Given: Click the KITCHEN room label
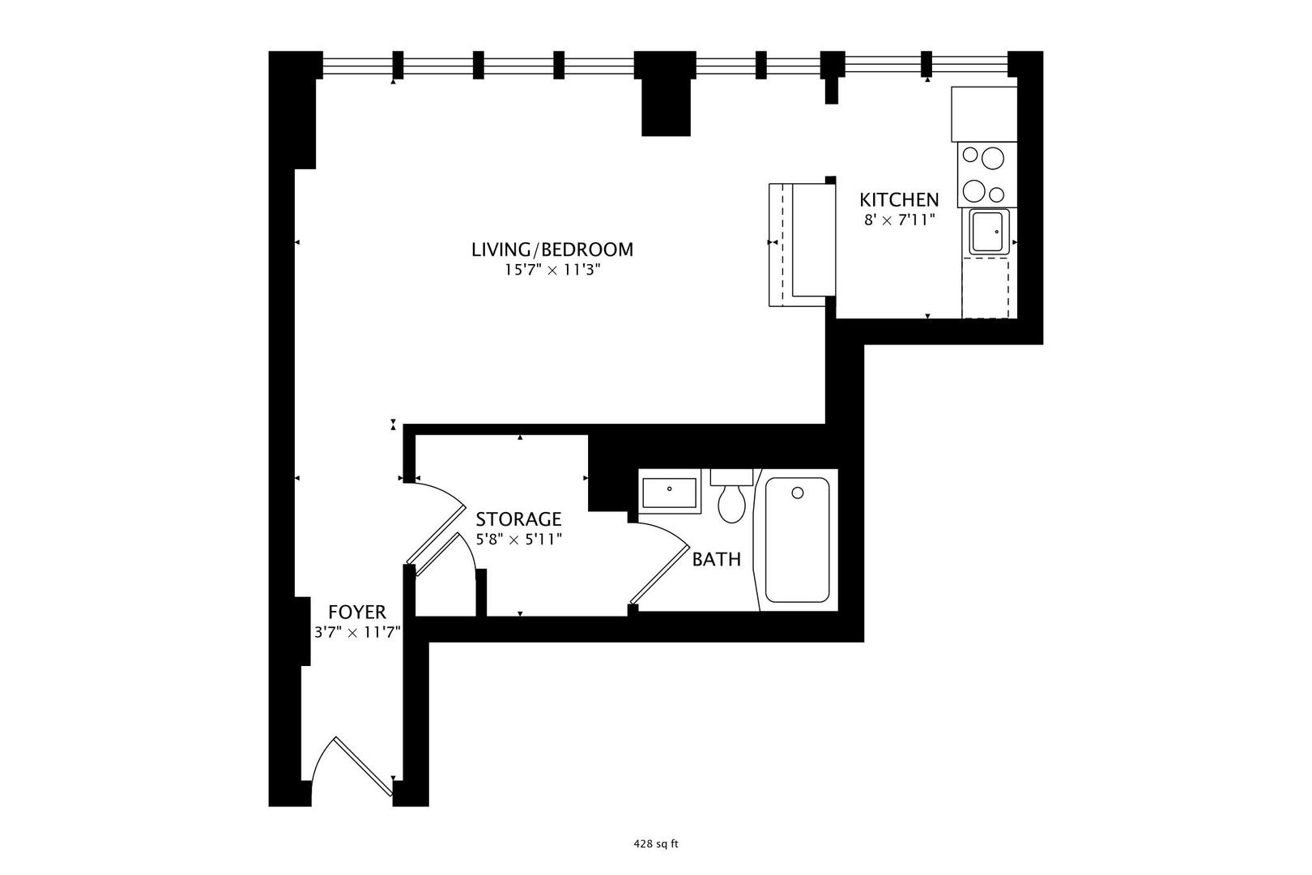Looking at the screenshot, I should tap(899, 199).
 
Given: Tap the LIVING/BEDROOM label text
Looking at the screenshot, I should tap(552, 250).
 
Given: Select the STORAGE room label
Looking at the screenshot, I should tap(518, 519).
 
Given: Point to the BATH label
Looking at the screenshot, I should tap(716, 559).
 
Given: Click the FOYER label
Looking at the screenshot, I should tap(357, 612).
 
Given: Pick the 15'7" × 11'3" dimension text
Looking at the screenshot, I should tap(552, 271).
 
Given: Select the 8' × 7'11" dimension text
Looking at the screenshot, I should tap(899, 219).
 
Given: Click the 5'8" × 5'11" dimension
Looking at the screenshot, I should tap(518, 539).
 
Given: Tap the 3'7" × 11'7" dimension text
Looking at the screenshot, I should tap(357, 632).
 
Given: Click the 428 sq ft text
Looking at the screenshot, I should tap(655, 843).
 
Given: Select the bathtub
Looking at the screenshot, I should tap(797, 540).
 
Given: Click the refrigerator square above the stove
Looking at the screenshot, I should tap(983, 113).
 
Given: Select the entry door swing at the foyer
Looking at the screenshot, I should tap(348, 762).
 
